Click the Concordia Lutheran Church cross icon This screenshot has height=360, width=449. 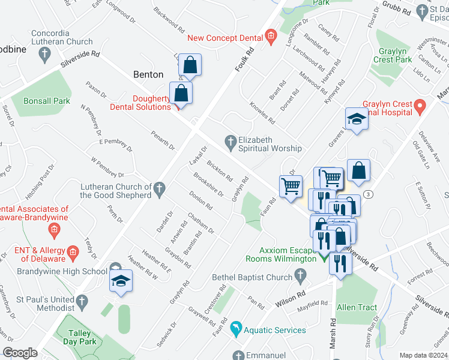(x=44, y=55)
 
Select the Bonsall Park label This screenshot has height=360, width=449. (x=47, y=101)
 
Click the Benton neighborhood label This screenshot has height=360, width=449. (x=148, y=74)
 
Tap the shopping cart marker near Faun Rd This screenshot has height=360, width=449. (x=291, y=186)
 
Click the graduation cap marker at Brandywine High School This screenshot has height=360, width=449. (x=121, y=280)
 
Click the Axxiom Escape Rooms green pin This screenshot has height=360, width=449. (x=324, y=259)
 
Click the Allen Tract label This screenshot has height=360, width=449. (x=357, y=307)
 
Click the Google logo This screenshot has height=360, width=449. (x=20, y=353)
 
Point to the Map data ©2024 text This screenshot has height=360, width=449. (x=423, y=355)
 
